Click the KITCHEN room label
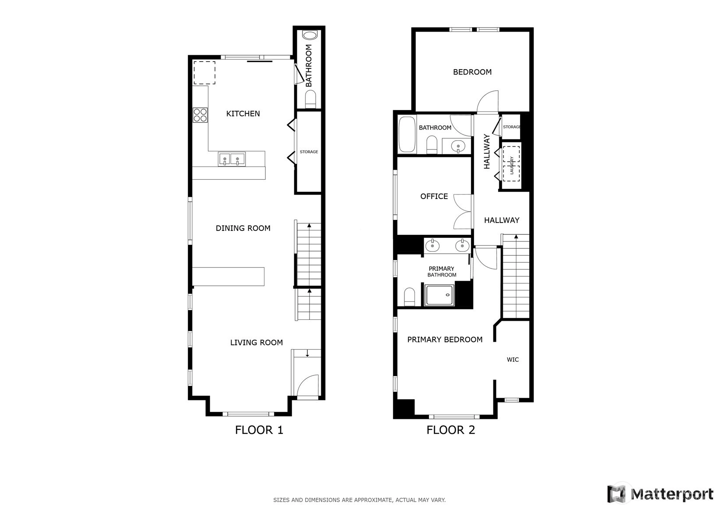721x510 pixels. [243, 114]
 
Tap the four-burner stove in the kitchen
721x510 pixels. [200, 115]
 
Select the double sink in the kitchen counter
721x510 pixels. [232, 159]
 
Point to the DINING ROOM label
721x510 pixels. [243, 228]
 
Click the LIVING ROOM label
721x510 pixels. [257, 343]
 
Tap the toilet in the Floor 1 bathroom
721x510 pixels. [311, 99]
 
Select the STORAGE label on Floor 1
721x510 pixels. [309, 152]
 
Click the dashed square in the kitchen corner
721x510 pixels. [204, 73]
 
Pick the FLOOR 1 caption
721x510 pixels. [259, 430]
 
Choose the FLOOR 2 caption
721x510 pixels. [450, 430]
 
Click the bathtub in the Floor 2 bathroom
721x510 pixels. [407, 134]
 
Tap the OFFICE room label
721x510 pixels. [434, 197]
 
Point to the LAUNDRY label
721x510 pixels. [512, 165]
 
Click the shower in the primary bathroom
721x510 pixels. [440, 295]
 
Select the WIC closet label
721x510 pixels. [513, 360]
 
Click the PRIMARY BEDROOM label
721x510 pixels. [445, 340]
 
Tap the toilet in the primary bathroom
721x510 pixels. [409, 297]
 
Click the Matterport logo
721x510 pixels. [661, 494]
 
